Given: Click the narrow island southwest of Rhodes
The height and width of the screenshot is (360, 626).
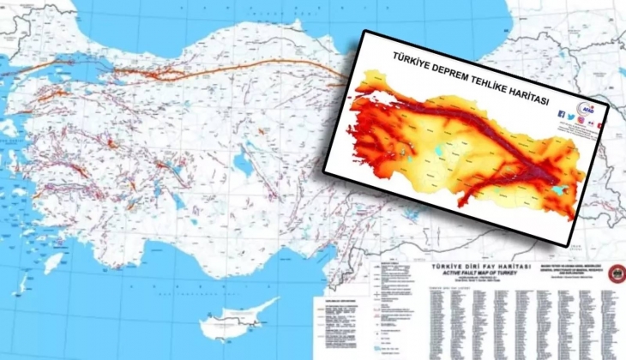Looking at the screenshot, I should pos(23,284).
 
